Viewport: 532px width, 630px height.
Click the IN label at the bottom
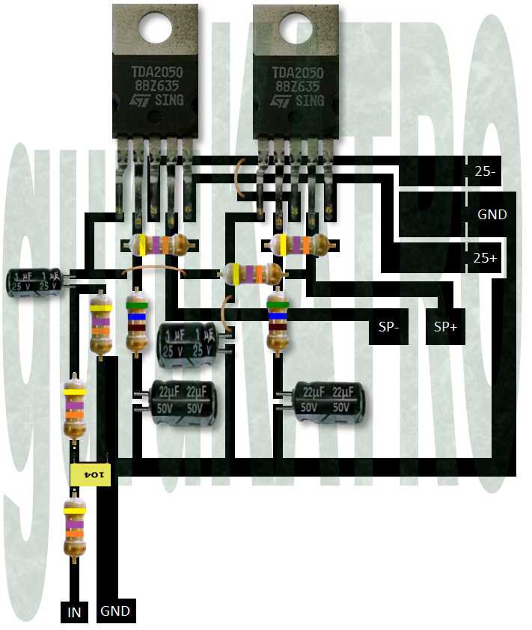point(75,612)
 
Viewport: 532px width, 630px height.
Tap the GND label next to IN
point(115,611)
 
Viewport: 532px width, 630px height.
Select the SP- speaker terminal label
point(389,328)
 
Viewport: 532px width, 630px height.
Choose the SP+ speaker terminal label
point(445,328)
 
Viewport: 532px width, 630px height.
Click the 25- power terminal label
point(485,171)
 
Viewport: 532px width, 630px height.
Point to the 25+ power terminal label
point(485,258)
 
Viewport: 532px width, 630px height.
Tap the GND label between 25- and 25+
point(492,215)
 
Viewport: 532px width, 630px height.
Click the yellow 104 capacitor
point(91,474)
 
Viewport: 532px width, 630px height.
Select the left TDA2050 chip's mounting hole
point(155,28)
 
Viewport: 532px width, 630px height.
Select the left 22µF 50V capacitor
point(182,402)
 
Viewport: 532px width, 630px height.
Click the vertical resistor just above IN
point(74,530)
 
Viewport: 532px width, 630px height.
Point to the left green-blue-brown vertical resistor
point(135,322)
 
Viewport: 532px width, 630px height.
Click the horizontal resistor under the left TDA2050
point(159,245)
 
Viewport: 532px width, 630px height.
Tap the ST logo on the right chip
point(282,100)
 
